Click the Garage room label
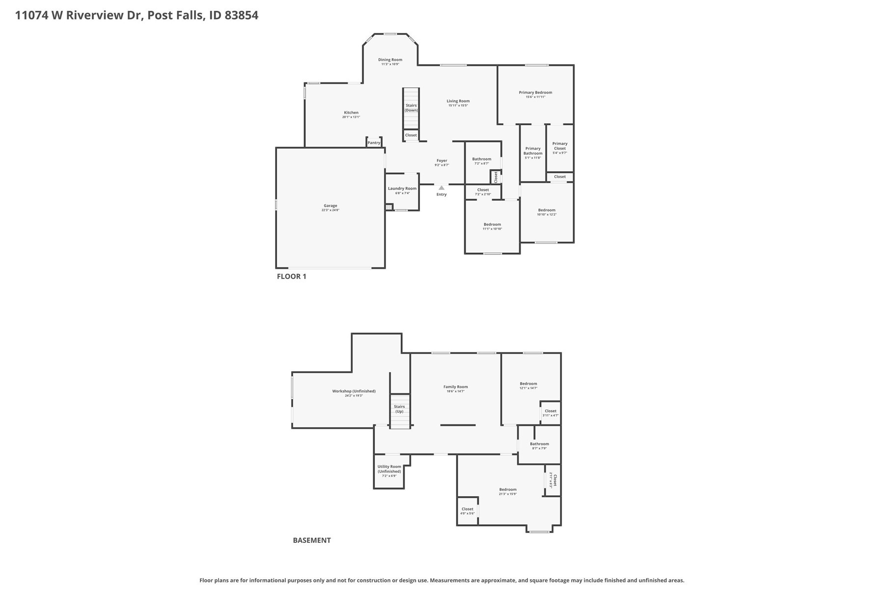(330, 206)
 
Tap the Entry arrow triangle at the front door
(442, 187)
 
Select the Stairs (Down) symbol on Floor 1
(411, 108)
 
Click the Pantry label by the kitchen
(374, 143)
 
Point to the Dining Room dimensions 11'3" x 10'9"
(390, 64)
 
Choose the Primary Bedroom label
(535, 92)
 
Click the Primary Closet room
(560, 148)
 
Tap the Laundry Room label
(402, 188)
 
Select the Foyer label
(442, 161)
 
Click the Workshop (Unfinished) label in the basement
(354, 391)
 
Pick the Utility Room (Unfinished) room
(389, 471)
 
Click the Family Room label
(455, 387)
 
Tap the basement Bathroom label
(539, 444)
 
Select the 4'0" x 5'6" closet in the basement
(467, 511)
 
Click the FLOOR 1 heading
(291, 276)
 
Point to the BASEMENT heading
(312, 540)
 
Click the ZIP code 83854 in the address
(241, 15)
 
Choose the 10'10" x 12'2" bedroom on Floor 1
(547, 212)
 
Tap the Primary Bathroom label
(533, 151)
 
